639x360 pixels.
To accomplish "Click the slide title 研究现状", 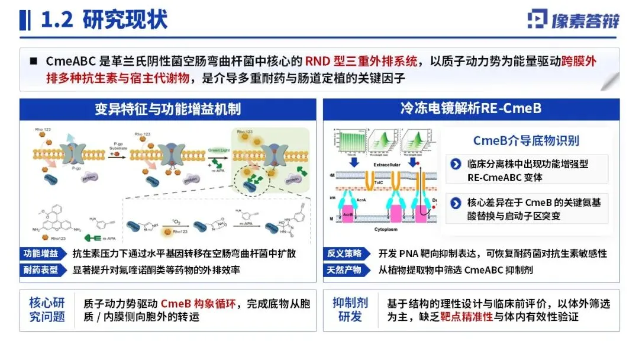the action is [125, 20].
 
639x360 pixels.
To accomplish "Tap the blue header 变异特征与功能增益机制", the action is [167, 109].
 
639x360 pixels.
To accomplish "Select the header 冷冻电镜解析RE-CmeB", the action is [470, 109].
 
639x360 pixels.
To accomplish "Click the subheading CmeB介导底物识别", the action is [526, 140].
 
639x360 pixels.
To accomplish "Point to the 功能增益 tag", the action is [41, 253].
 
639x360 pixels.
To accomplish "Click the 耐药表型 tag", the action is [41, 271].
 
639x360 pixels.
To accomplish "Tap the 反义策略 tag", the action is [344, 253].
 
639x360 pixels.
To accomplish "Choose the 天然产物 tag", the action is [344, 271].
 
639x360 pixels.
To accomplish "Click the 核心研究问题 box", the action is [47, 309].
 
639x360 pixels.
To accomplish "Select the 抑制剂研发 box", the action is [350, 309].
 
